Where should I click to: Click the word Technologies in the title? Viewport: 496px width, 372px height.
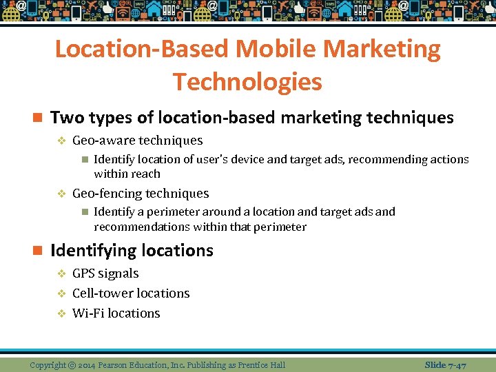coord(247,81)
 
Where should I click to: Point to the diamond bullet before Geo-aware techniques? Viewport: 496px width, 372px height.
coord(61,141)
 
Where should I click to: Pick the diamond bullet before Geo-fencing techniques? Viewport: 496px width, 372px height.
coord(61,194)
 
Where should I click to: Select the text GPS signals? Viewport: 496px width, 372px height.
coord(105,273)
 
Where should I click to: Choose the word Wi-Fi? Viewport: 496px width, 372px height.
coord(88,313)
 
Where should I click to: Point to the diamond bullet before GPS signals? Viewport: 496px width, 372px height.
coord(61,273)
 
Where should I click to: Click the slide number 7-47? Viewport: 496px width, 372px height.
coord(455,364)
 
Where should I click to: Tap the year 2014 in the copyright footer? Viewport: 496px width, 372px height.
coord(88,364)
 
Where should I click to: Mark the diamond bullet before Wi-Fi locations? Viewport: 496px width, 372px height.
coord(61,313)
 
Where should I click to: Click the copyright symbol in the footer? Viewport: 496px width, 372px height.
coord(72,364)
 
